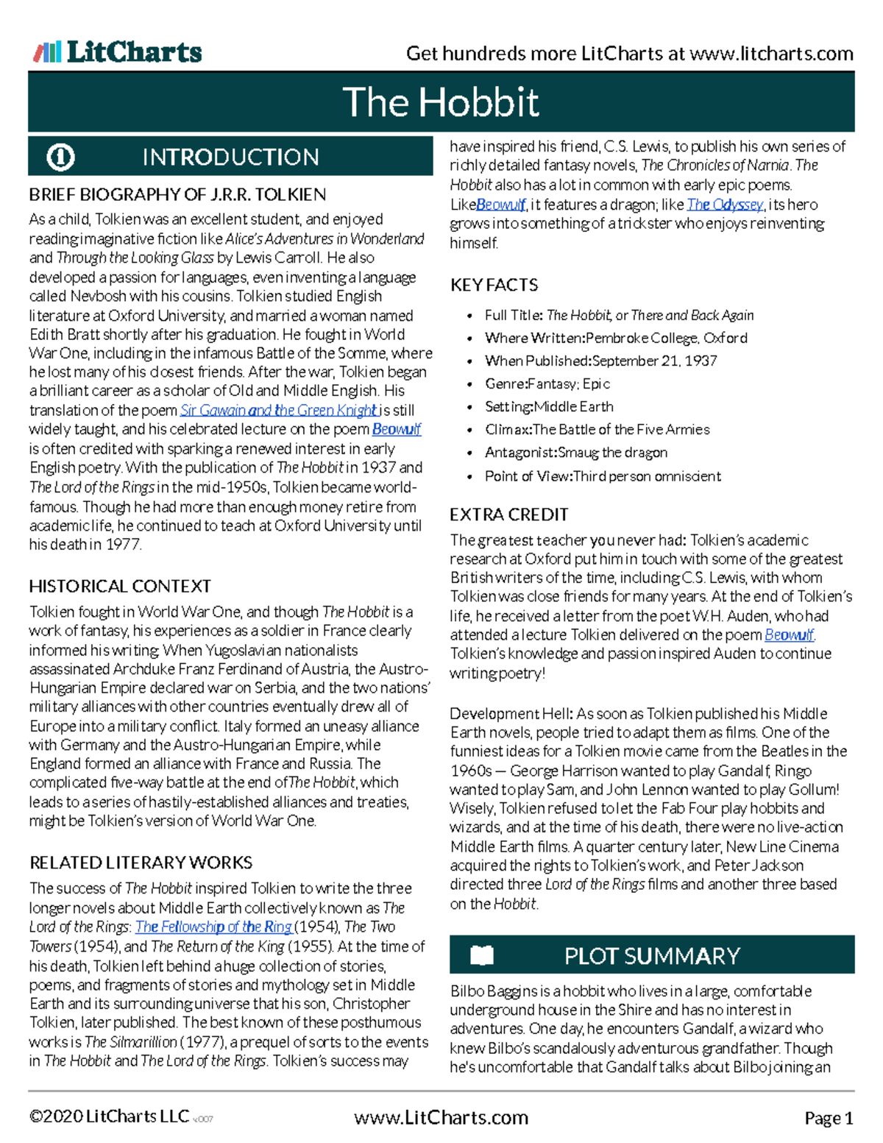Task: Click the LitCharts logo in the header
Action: pyautogui.click(x=118, y=52)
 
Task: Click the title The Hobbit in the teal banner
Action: pyautogui.click(x=441, y=102)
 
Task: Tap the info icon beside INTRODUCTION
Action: pyautogui.click(x=60, y=157)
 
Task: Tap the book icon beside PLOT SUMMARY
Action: pyautogui.click(x=482, y=955)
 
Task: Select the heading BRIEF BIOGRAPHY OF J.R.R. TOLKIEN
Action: pyautogui.click(x=177, y=195)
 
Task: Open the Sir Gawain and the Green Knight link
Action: pyautogui.click(x=279, y=411)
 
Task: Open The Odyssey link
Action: pyautogui.click(x=725, y=205)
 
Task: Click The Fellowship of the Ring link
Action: pyautogui.click(x=213, y=927)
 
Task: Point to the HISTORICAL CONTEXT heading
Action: pyautogui.click(x=120, y=587)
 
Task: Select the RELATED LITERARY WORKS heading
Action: pyautogui.click(x=141, y=863)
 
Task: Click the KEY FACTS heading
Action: pyautogui.click(x=494, y=285)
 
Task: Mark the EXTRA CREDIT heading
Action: pyautogui.click(x=509, y=514)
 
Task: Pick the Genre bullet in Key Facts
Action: pyautogui.click(x=547, y=383)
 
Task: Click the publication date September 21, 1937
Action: pyautogui.click(x=654, y=361)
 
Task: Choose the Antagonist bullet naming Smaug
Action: pyautogui.click(x=575, y=453)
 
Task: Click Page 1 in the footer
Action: pyautogui.click(x=829, y=1119)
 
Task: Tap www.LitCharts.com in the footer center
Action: pyautogui.click(x=441, y=1118)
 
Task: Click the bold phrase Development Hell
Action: pyautogui.click(x=511, y=714)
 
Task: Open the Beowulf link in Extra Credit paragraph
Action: pyautogui.click(x=789, y=635)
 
